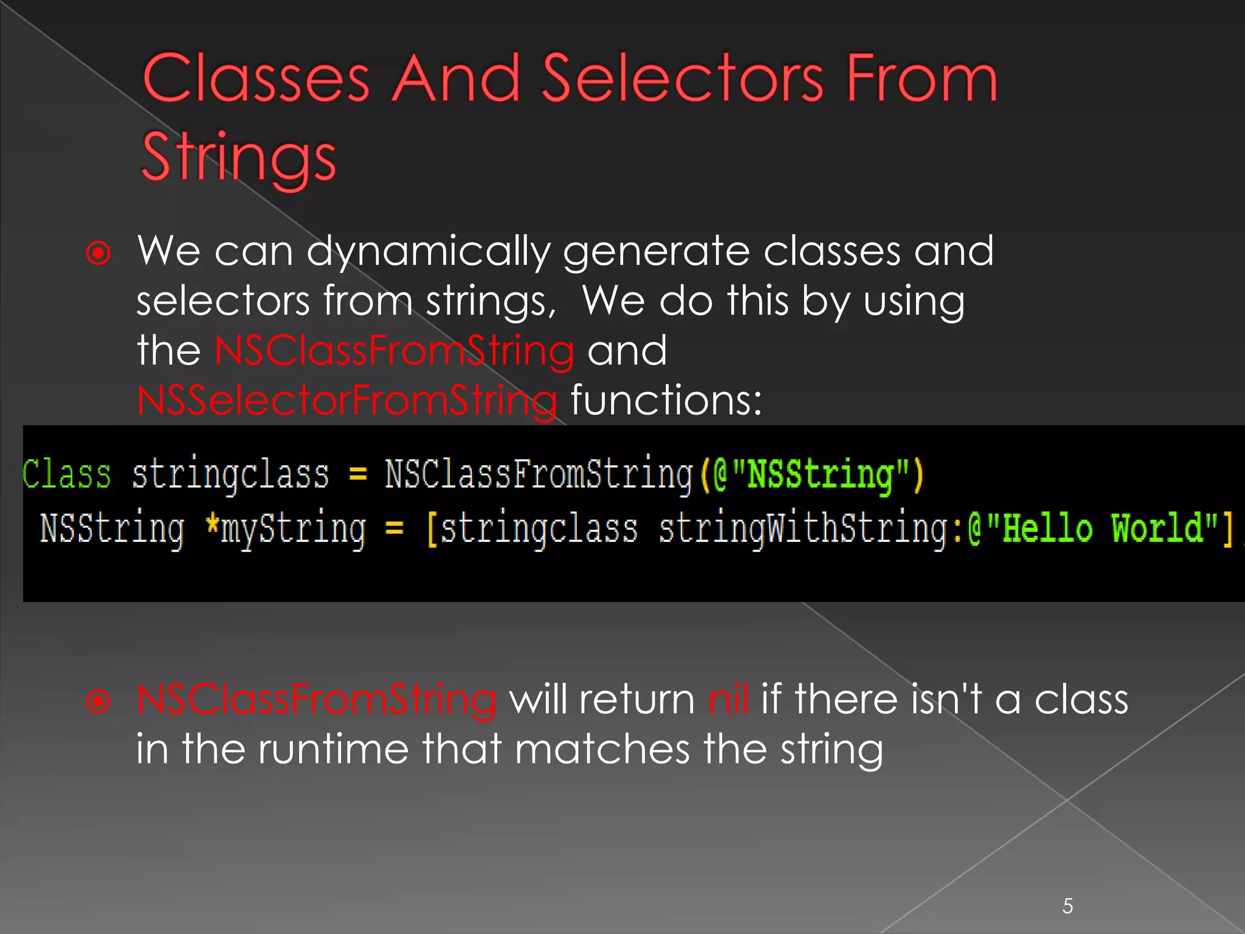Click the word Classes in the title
[256, 79]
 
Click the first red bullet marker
[98, 253]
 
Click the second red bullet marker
[98, 702]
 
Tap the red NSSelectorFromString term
[347, 401]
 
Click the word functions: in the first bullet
[666, 401]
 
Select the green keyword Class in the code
[67, 474]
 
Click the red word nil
[728, 699]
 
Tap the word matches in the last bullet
[602, 749]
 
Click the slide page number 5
[1067, 906]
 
